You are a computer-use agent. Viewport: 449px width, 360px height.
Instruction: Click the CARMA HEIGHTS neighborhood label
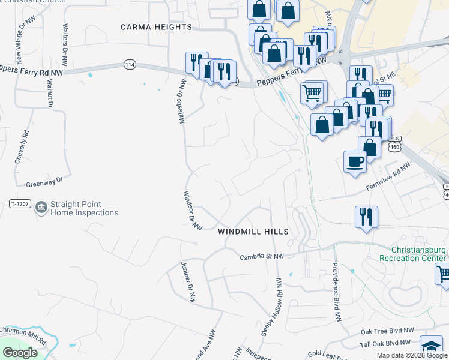(156, 27)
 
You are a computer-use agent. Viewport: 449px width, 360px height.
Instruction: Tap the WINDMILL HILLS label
(253, 231)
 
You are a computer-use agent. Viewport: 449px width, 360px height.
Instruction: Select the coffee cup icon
(355, 161)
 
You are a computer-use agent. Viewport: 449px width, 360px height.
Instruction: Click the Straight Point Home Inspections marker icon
(41, 208)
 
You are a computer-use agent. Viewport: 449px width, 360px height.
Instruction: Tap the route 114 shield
(129, 64)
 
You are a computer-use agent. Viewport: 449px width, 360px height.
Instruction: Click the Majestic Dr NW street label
(180, 101)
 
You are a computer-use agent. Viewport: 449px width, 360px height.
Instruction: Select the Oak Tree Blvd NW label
(387, 331)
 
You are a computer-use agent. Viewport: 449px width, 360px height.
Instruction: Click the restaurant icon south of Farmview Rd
(366, 217)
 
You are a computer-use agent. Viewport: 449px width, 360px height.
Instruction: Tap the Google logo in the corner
(20, 353)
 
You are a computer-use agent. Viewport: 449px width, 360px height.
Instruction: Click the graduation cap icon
(431, 347)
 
